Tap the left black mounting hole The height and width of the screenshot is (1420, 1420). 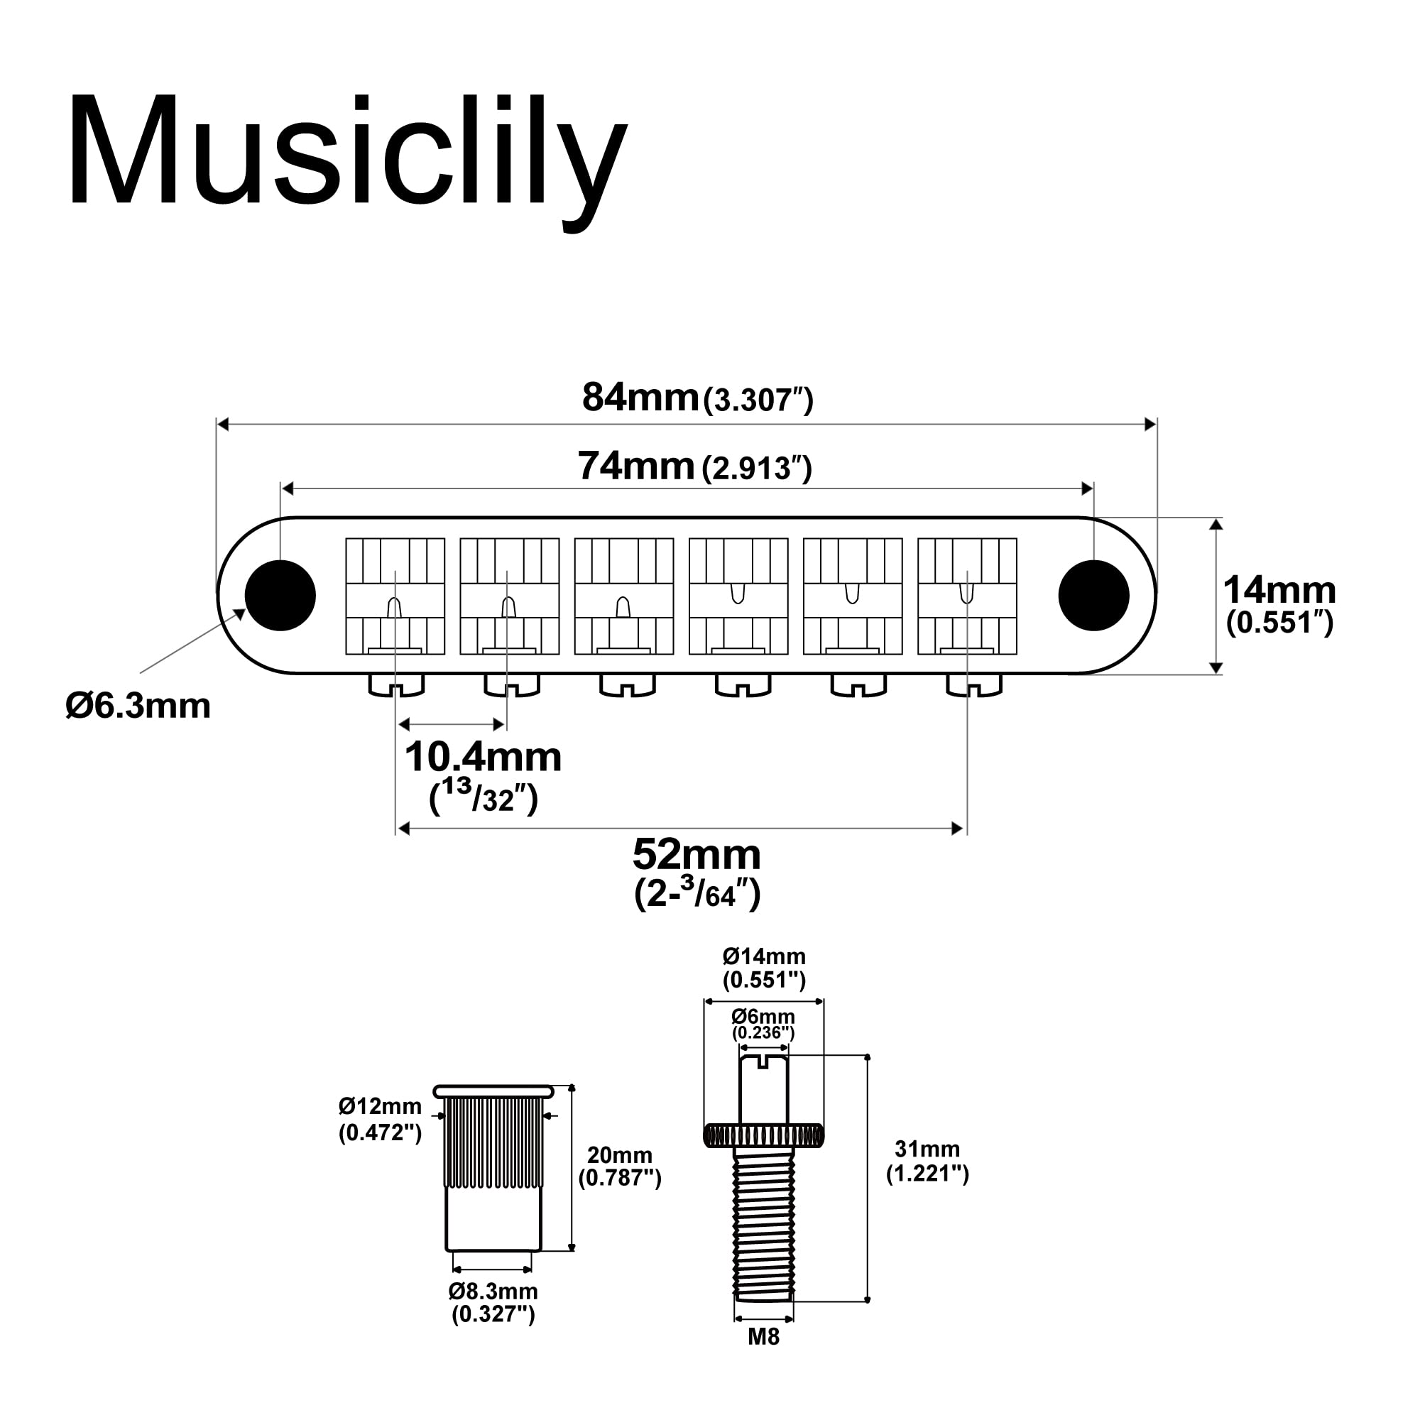click(x=280, y=596)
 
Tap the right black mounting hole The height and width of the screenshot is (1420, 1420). click(x=1093, y=596)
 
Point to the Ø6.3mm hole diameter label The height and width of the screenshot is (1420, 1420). click(x=138, y=706)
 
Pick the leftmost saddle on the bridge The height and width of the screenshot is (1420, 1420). click(x=395, y=596)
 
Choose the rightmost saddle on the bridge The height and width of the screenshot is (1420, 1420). click(x=967, y=596)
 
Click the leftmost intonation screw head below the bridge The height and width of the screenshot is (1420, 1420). click(x=396, y=686)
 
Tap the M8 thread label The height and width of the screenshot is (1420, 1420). click(x=763, y=1337)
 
